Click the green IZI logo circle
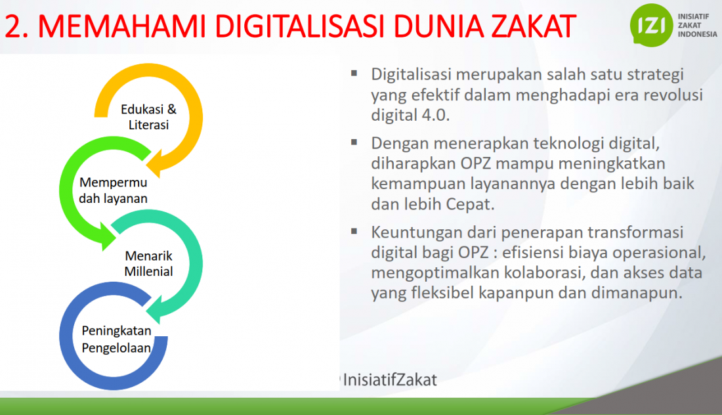(651, 25)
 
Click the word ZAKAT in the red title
(534, 26)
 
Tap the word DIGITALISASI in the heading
(299, 26)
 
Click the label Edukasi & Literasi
(148, 117)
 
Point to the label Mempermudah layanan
(114, 190)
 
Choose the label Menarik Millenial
(149, 263)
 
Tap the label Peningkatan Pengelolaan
(116, 339)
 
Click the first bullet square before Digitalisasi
(354, 74)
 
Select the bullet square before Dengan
(354, 142)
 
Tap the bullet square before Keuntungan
(354, 231)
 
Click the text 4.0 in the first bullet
(435, 115)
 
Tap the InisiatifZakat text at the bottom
(390, 380)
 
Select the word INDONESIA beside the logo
(697, 34)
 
